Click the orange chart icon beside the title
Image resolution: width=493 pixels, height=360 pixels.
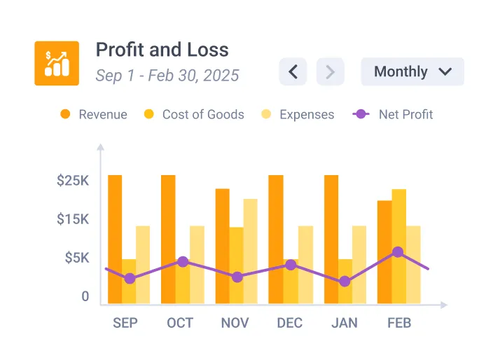[57, 63]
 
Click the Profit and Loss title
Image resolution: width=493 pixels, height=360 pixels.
[162, 50]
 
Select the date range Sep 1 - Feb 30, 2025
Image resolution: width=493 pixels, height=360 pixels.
[167, 75]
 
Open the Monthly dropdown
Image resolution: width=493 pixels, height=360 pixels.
[412, 71]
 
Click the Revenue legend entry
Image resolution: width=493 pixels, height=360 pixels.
[95, 114]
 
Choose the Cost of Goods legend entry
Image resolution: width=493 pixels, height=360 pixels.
[194, 114]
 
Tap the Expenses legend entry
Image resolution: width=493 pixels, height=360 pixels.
[298, 114]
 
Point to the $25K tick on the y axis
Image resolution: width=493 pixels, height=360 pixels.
[73, 181]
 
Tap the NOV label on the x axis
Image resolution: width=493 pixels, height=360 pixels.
[235, 323]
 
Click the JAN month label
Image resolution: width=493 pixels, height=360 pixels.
[344, 323]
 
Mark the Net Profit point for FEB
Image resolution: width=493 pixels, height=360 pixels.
[398, 252]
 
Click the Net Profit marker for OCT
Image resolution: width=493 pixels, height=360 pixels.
[183, 262]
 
